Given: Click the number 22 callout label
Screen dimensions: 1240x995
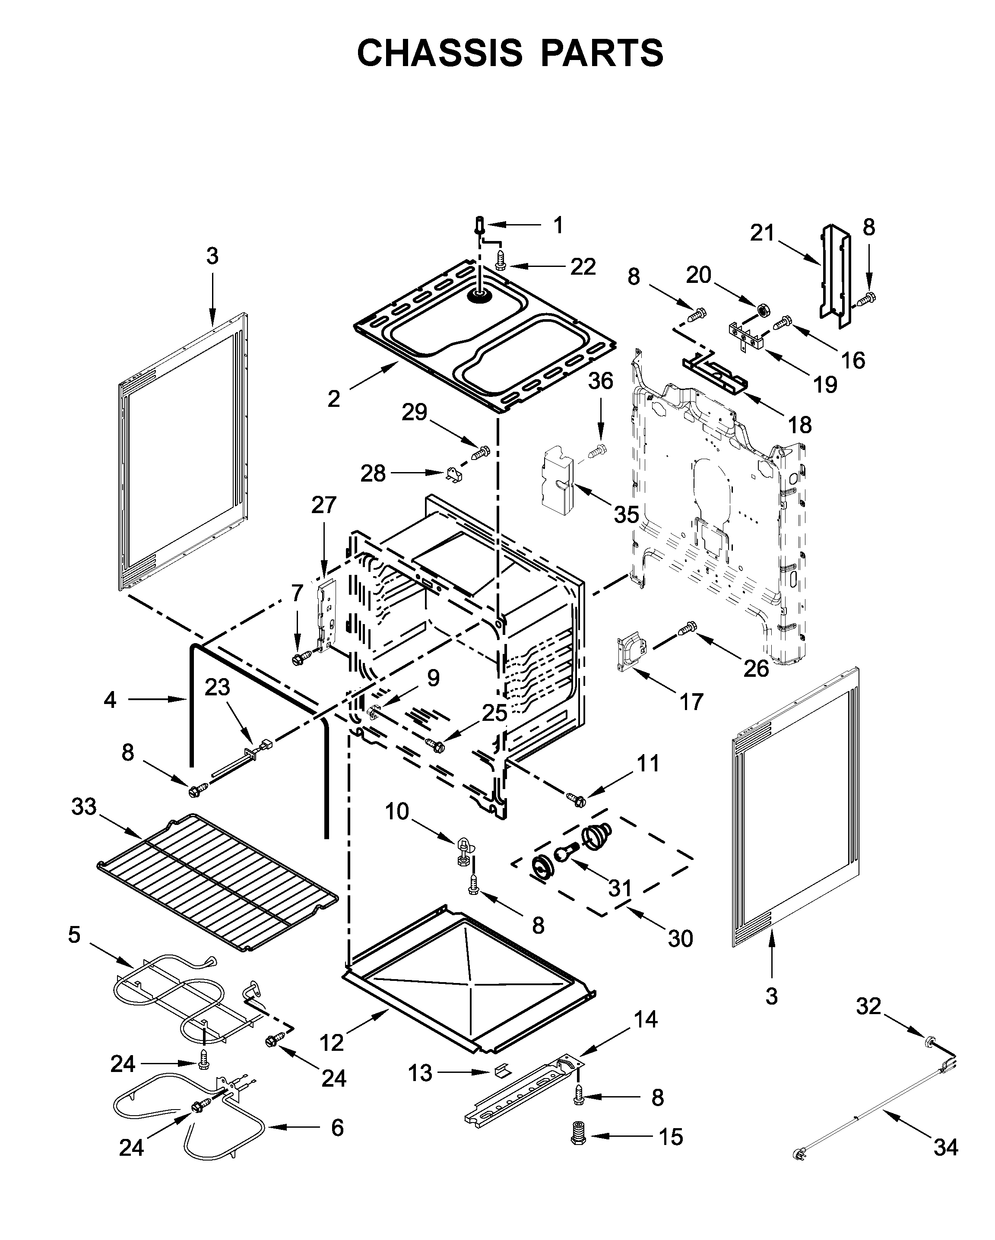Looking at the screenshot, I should (x=583, y=266).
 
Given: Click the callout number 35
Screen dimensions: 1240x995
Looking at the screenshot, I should (x=626, y=514).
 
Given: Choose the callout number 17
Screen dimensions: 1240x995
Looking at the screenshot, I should (x=691, y=702).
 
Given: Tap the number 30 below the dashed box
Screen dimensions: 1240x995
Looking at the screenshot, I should (x=681, y=939).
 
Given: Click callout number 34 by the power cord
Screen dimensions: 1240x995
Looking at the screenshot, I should (x=946, y=1148).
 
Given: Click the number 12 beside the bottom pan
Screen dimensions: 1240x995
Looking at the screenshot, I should (x=331, y=1042).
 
